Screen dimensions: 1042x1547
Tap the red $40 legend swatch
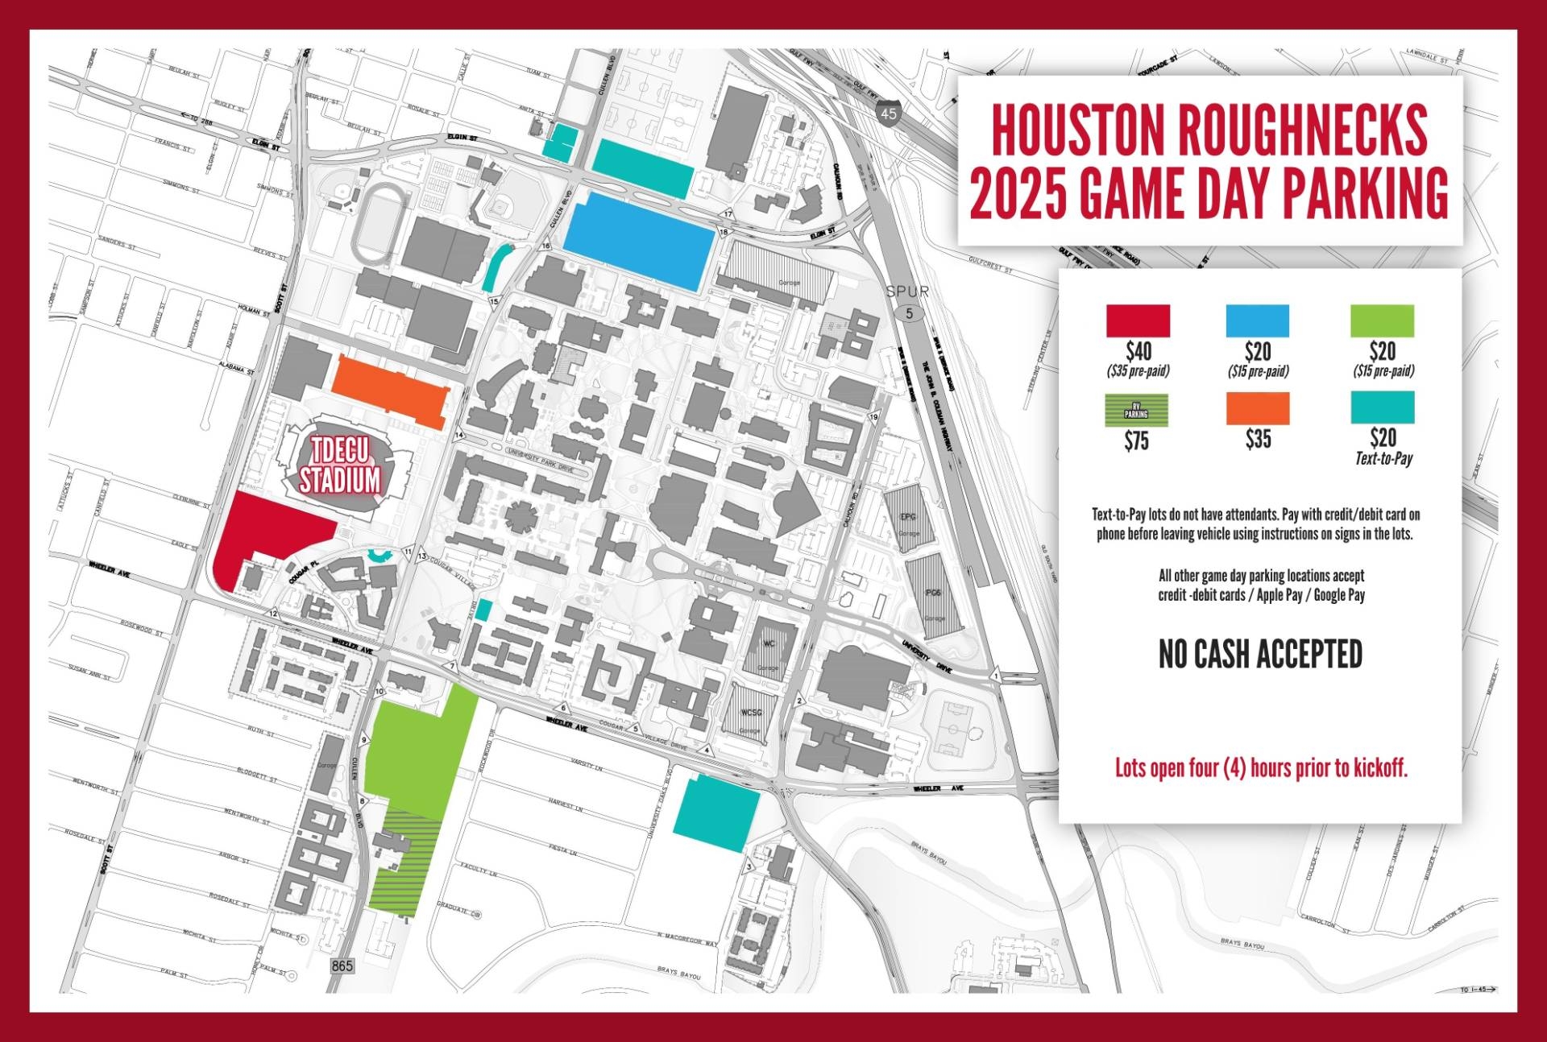(1138, 320)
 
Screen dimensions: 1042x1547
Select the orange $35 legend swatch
(1257, 408)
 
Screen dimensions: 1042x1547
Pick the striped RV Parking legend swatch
(1136, 411)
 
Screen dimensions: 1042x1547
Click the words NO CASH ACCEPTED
(1260, 655)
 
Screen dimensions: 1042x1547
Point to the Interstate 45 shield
(888, 114)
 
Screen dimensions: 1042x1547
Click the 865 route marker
(342, 966)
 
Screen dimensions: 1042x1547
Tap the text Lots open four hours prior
(1261, 768)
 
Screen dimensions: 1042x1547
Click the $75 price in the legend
(1136, 441)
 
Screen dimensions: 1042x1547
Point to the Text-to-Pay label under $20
(1383, 459)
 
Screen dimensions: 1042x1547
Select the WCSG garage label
(750, 713)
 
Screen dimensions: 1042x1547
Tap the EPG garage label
(908, 516)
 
